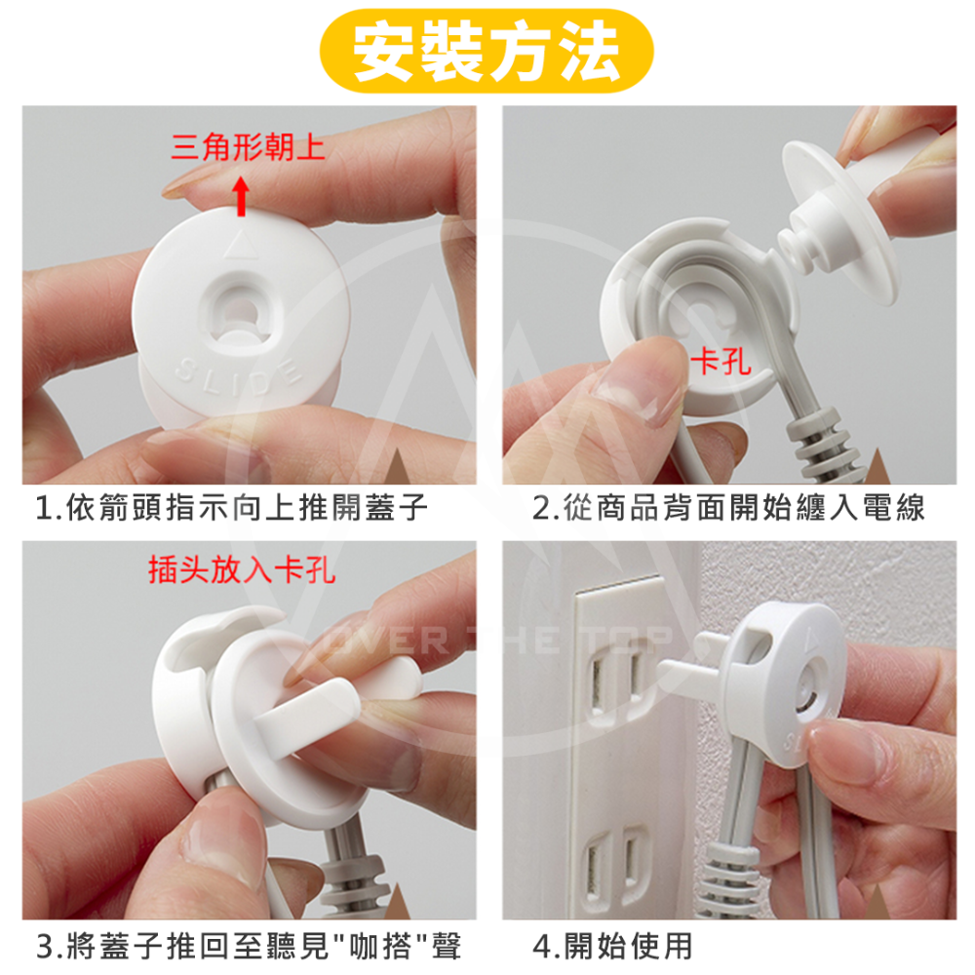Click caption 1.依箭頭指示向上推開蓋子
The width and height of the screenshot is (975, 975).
click(232, 509)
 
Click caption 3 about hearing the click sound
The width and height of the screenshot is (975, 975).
click(248, 945)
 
